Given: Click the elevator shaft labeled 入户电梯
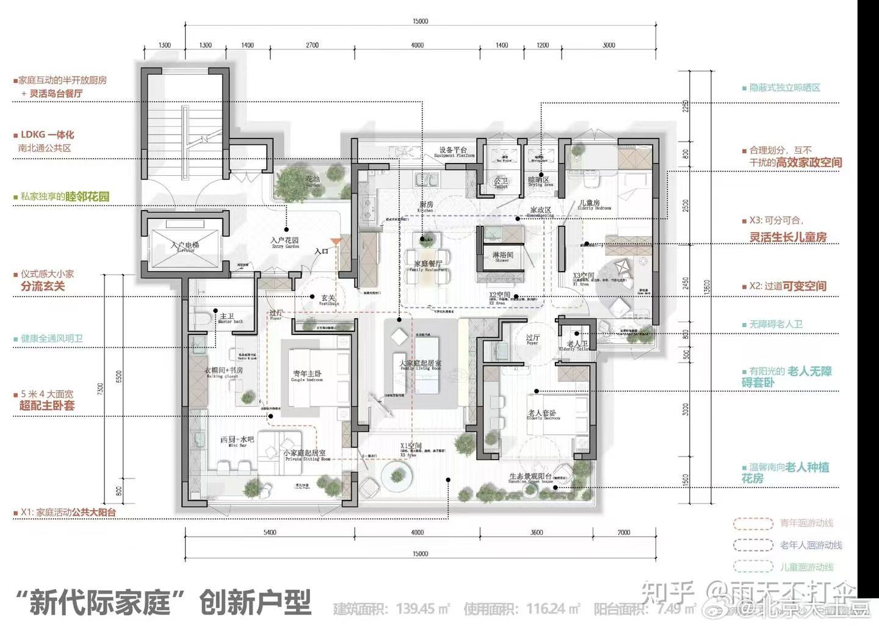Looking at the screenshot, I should [x=184, y=247].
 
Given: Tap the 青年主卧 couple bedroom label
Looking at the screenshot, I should [x=307, y=375].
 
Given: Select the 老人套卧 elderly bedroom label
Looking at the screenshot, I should [x=543, y=415].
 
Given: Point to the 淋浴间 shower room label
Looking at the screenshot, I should [x=503, y=256].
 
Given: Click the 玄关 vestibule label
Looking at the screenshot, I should [x=328, y=300].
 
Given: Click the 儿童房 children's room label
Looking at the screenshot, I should [x=590, y=204].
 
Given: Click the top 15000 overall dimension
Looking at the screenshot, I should [x=421, y=21].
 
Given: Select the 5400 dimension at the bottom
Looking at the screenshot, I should [x=270, y=533].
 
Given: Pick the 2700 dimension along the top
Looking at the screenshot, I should [x=312, y=45].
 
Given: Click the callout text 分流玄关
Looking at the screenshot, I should [x=42, y=286].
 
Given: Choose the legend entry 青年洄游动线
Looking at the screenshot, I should [x=806, y=523].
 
